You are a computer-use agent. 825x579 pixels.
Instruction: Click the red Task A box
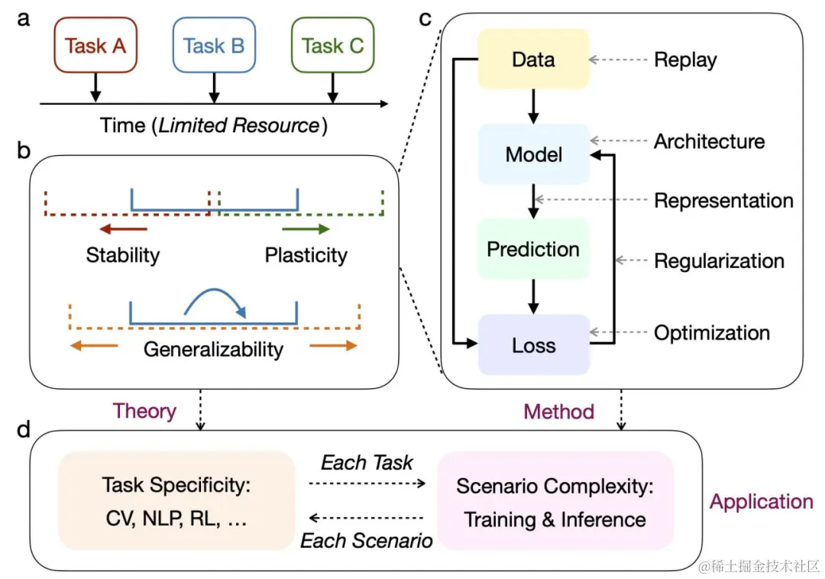pos(95,46)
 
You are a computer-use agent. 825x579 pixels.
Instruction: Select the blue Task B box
pos(214,46)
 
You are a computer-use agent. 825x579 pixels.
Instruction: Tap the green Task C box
pos(332,46)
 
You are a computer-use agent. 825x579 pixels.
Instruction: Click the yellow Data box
pos(533,60)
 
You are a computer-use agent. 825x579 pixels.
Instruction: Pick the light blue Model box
pos(533,154)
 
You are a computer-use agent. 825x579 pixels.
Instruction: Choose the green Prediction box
pos(533,249)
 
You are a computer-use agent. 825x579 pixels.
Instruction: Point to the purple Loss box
pos(533,344)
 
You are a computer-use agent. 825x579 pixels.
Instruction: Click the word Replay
pos(685,60)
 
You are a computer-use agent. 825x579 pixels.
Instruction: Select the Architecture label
pos(709,141)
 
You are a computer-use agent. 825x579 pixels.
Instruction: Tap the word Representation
pos(723,201)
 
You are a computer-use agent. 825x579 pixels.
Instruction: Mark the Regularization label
pos(719,261)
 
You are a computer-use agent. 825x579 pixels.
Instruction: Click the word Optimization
pos(712,333)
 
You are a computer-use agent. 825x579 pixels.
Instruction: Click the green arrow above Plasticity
pos(306,229)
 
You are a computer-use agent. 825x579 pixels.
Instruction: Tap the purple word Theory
pos(144,411)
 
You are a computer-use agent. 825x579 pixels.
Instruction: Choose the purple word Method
pos(558,412)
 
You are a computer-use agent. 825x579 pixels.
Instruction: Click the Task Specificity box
pos(176,500)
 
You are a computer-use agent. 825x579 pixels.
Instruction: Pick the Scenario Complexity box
pos(555,500)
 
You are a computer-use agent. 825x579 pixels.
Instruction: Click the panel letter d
pos(23,429)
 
